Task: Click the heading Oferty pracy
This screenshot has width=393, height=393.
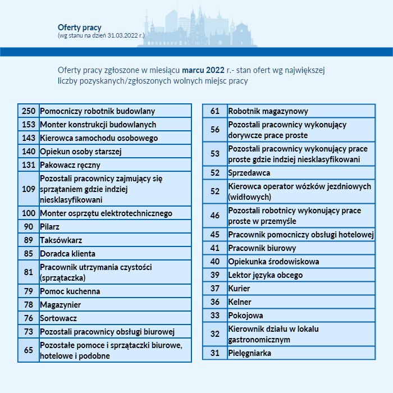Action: pos(79,27)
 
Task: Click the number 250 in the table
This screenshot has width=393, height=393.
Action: pos(29,111)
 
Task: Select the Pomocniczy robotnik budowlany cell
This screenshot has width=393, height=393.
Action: pos(97,111)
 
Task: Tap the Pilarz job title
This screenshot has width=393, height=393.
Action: pos(49,227)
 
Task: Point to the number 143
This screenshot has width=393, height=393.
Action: pos(29,138)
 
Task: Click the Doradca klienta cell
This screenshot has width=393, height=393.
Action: pos(67,254)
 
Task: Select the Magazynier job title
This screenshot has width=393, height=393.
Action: pos(60,305)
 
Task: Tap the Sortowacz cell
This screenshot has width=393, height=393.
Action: pos(58,318)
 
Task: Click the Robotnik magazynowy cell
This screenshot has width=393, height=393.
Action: pos(268,111)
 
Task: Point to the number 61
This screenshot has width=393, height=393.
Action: pos(215,111)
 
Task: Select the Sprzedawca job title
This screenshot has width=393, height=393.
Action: pos(249,173)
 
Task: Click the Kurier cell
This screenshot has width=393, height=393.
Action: pos(239,289)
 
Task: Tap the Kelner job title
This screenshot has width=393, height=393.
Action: pos(239,302)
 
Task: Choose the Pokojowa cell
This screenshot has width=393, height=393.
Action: pos(245,316)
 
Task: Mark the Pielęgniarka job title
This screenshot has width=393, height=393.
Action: pos(249,353)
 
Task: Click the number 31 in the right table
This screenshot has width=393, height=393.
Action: pos(215,353)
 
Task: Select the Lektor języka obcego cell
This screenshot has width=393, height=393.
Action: pos(265,275)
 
